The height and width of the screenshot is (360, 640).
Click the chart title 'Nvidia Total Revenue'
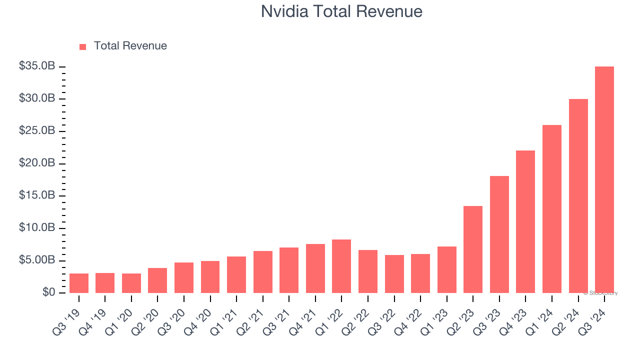click(341, 11)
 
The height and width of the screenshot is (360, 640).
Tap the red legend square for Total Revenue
click(83, 46)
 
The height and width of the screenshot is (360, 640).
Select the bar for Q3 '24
click(604, 179)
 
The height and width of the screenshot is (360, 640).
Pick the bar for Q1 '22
click(341, 266)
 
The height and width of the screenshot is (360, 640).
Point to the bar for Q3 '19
click(79, 283)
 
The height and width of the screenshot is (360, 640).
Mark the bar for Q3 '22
click(394, 273)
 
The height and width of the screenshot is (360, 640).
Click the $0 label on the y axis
click(48, 292)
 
